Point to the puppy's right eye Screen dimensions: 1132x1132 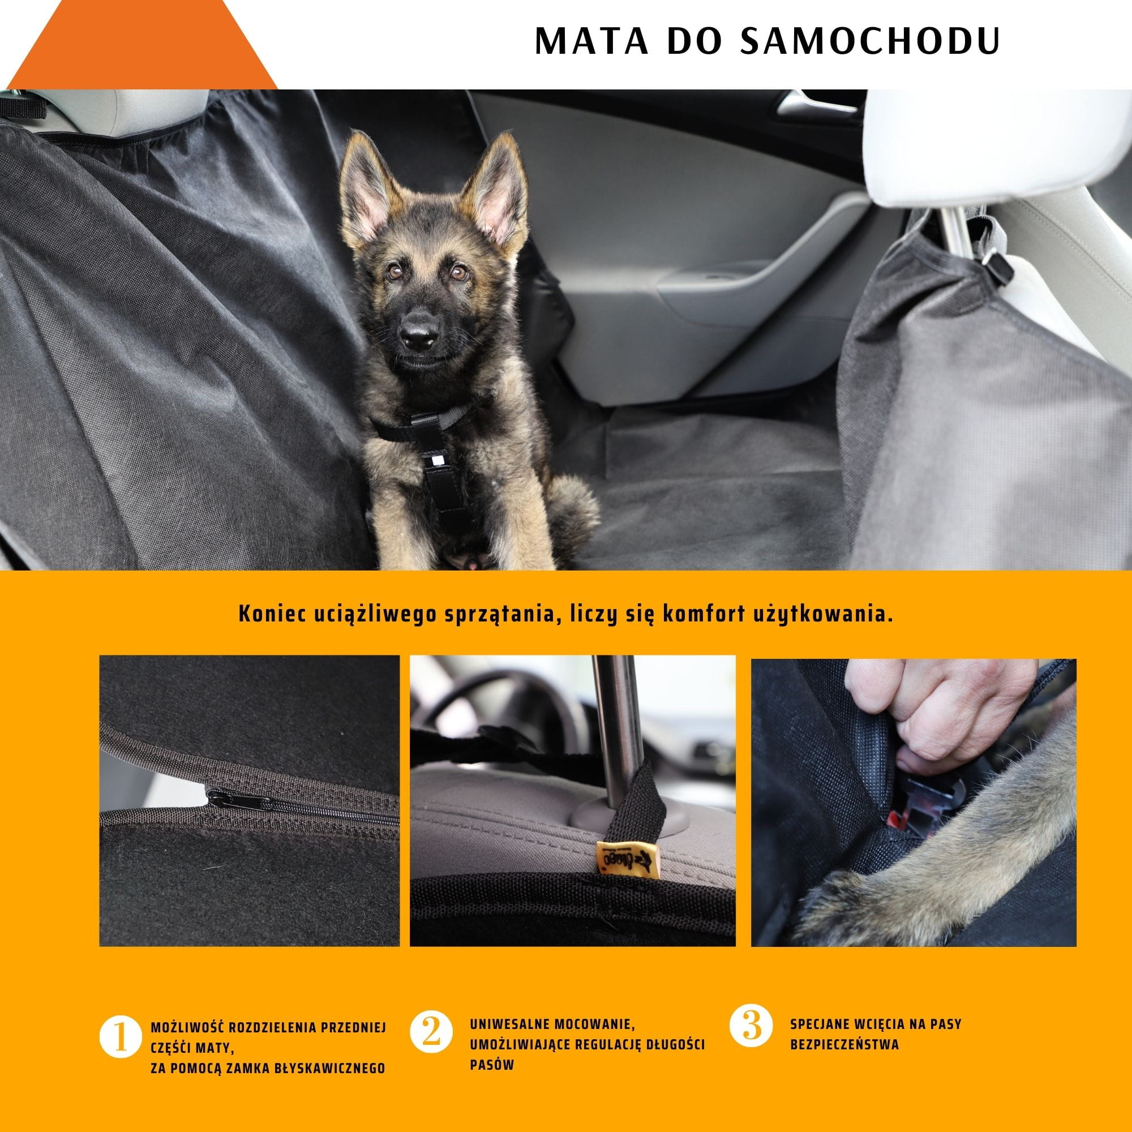[x=396, y=271]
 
